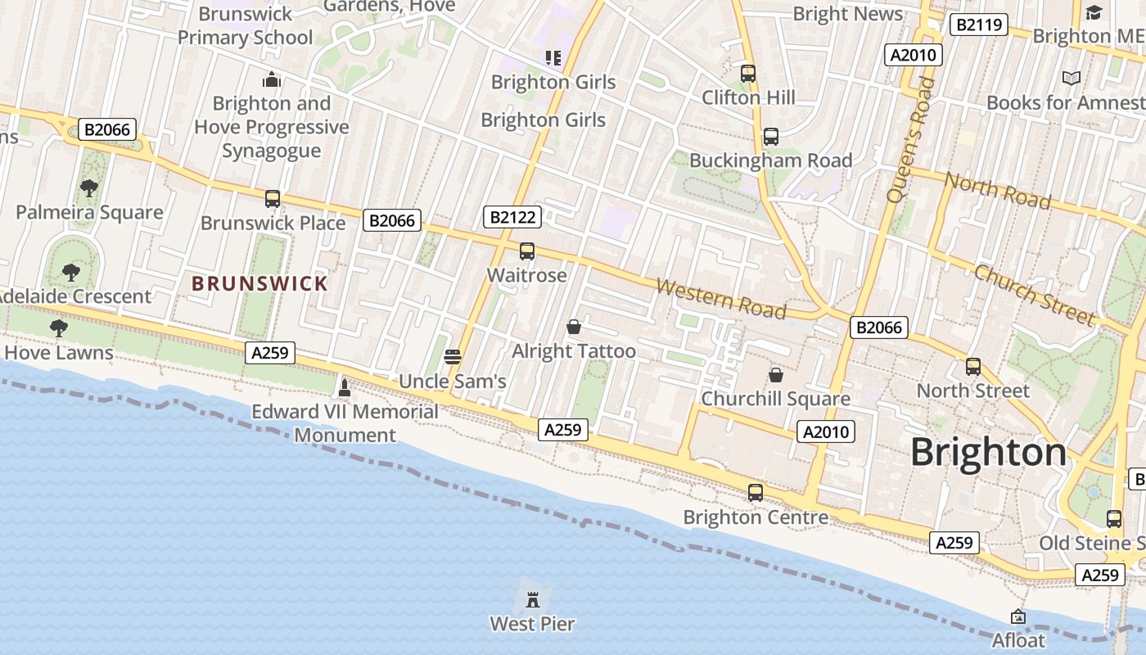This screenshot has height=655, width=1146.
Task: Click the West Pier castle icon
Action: click(x=533, y=600)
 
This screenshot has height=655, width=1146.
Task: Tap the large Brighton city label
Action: click(x=989, y=452)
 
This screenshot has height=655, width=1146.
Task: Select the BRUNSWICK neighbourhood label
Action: click(x=259, y=284)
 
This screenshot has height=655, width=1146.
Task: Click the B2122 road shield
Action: click(x=512, y=217)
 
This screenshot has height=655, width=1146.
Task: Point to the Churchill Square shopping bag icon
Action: click(x=775, y=375)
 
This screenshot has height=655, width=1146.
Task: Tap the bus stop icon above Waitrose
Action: click(x=527, y=251)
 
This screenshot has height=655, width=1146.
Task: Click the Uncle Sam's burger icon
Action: click(x=453, y=357)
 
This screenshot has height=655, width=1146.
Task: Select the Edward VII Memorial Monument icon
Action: click(x=345, y=386)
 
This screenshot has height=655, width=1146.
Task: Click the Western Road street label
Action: click(x=721, y=299)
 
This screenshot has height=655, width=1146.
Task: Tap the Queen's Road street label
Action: click(x=910, y=139)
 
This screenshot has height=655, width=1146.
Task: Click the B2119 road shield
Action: click(x=977, y=25)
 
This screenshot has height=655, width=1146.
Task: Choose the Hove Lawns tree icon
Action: click(x=58, y=328)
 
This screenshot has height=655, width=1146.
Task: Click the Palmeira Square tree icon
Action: click(x=89, y=188)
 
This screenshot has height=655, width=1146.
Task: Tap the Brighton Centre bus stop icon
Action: click(x=756, y=493)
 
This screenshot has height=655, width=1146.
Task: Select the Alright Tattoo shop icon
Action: click(x=574, y=327)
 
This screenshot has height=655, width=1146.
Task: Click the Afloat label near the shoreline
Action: click(x=1018, y=639)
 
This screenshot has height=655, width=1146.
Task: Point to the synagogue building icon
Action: click(x=272, y=79)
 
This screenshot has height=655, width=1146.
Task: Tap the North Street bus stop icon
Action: click(x=973, y=366)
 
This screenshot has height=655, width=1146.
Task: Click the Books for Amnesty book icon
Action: click(x=1072, y=79)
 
